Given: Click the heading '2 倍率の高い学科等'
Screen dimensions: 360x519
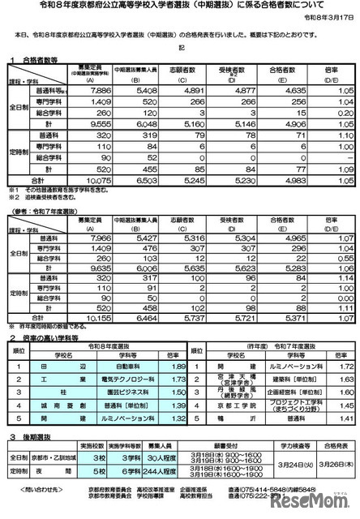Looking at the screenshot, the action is (42, 312).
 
